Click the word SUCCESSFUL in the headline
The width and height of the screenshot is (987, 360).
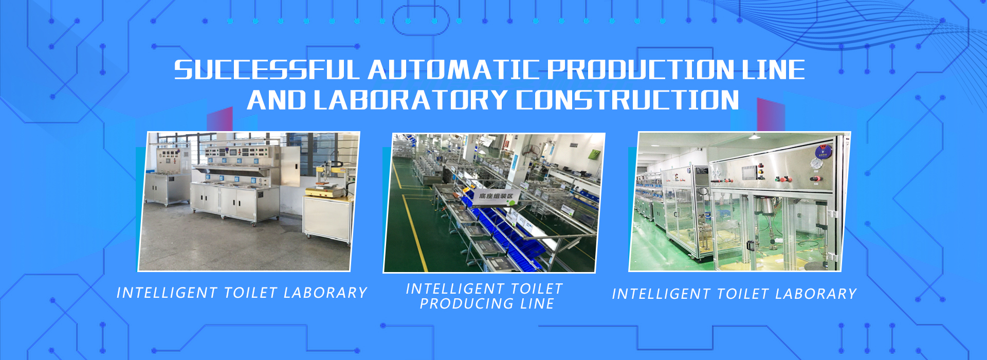pyautogui.click(x=266, y=70)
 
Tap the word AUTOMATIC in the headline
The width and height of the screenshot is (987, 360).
pyautogui.click(x=453, y=70)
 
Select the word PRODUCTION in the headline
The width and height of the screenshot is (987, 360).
pyautogui.click(x=640, y=70)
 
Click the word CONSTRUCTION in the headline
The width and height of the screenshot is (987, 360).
pyautogui.click(x=628, y=100)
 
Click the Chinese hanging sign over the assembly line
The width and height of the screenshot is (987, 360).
pyautogui.click(x=496, y=196)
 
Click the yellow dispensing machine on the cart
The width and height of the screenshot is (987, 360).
pyautogui.click(x=330, y=180)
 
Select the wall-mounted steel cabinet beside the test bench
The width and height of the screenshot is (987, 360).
pyautogui.click(x=291, y=167)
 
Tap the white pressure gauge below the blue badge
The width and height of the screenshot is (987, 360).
pyautogui.click(x=815, y=164)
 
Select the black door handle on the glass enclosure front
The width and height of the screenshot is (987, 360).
pyautogui.click(x=750, y=246)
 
